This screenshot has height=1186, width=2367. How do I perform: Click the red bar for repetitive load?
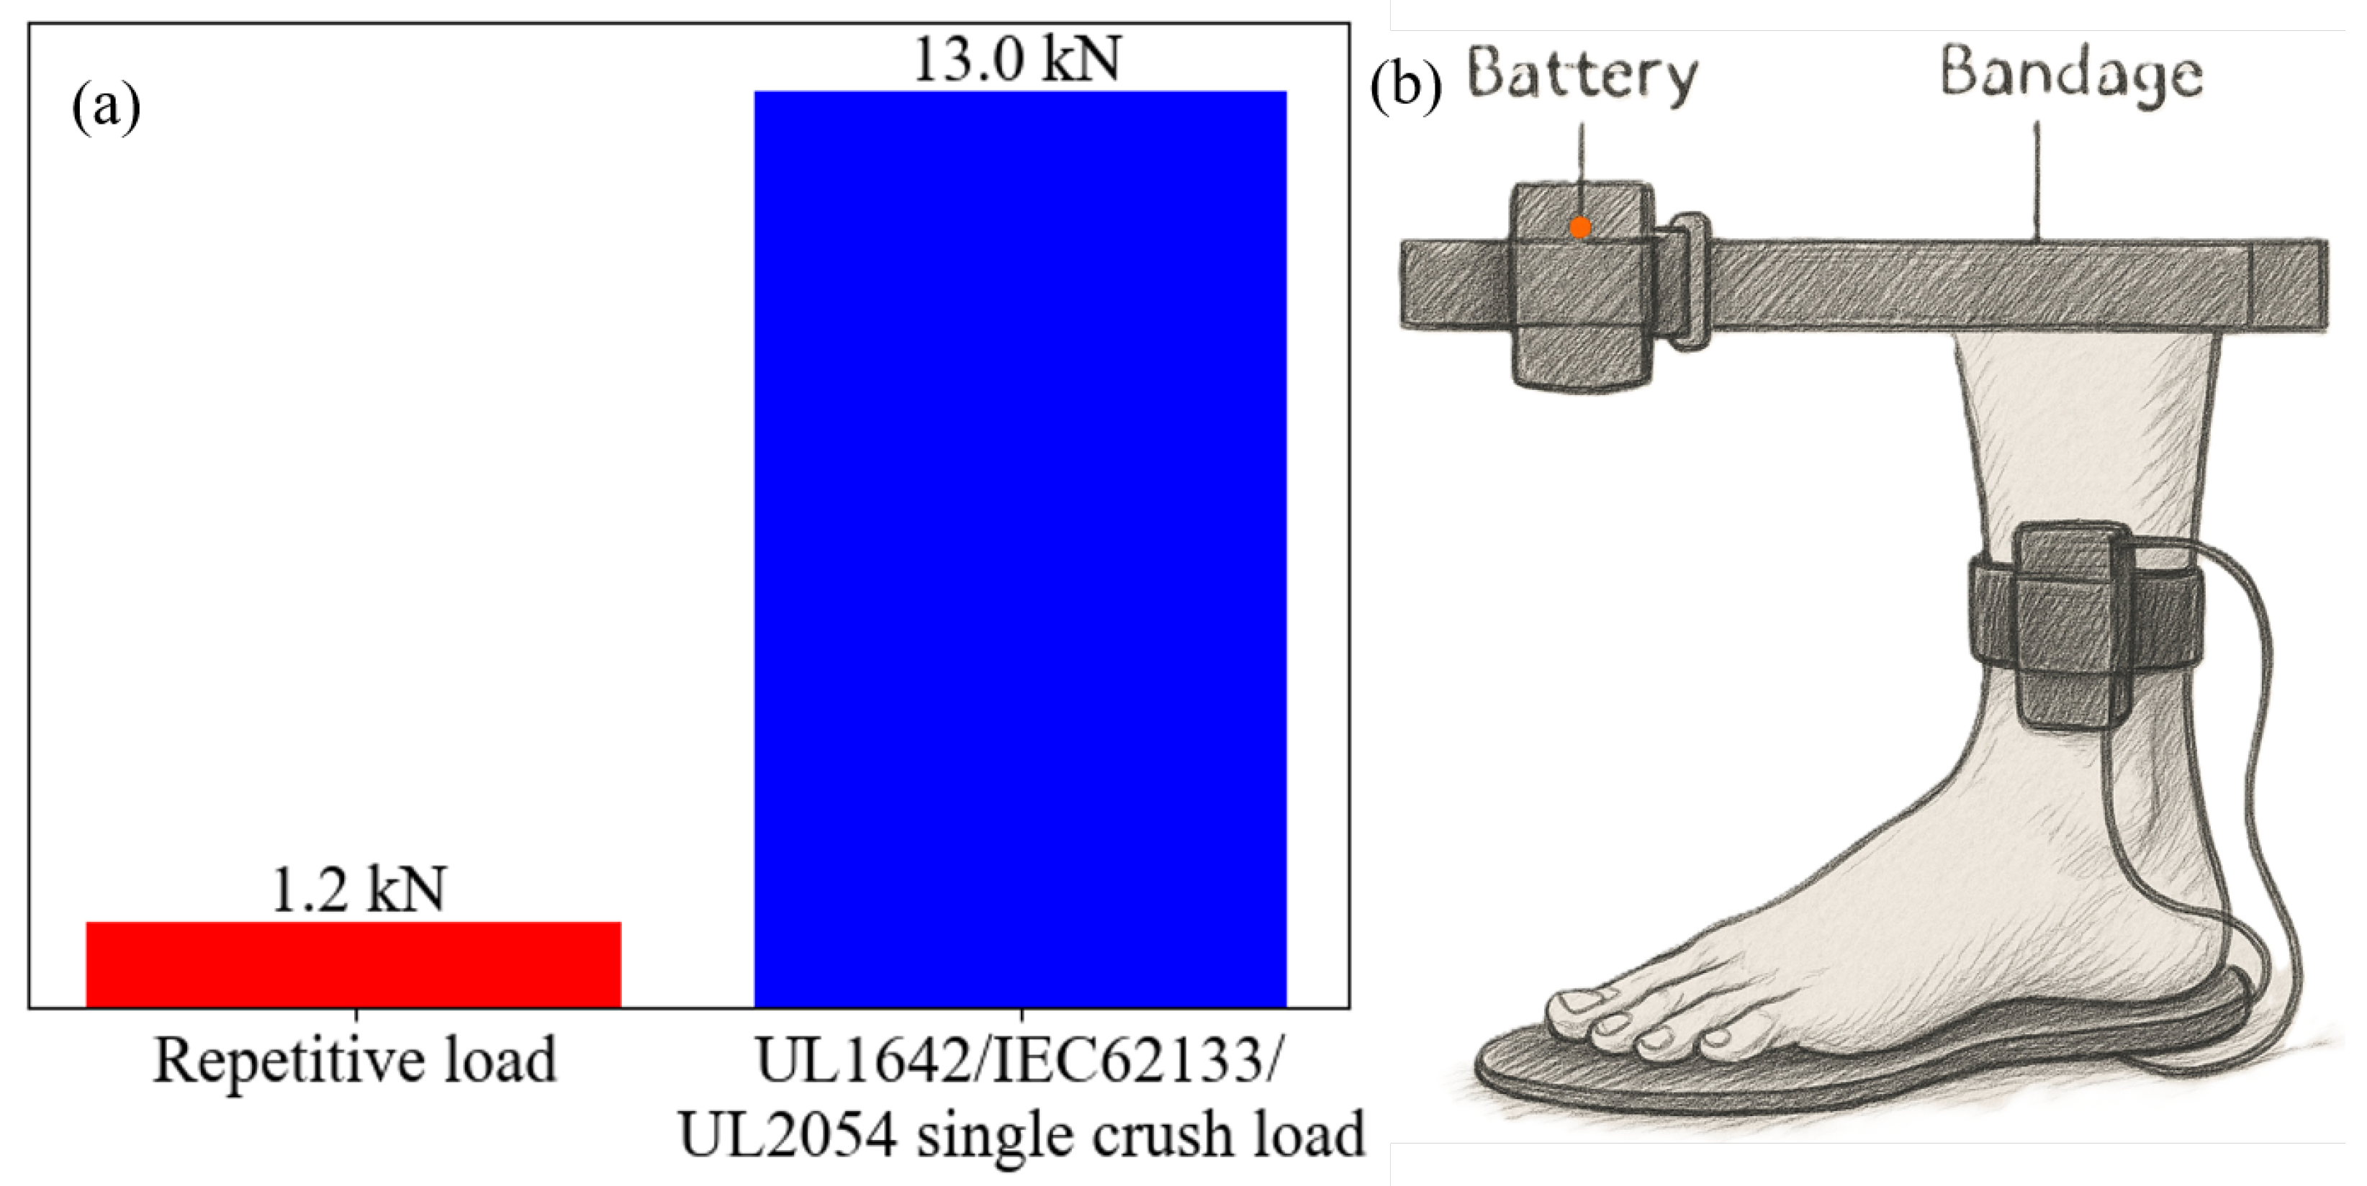pos(353,964)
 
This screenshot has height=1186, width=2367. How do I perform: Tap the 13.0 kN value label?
pos(1017,60)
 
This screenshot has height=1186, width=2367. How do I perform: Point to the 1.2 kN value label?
pos(359,889)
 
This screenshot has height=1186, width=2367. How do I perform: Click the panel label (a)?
pos(106,107)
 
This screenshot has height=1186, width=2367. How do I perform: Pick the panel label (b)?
pos(1406,89)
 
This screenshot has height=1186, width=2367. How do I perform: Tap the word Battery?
pos(1582,76)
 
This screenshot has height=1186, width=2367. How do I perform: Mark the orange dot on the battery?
pos(1579,227)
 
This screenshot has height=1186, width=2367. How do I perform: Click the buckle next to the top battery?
pos(1689,281)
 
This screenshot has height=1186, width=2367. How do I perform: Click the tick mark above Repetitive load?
pos(356,1015)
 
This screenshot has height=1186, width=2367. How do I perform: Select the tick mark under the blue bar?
pos(1021,1015)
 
